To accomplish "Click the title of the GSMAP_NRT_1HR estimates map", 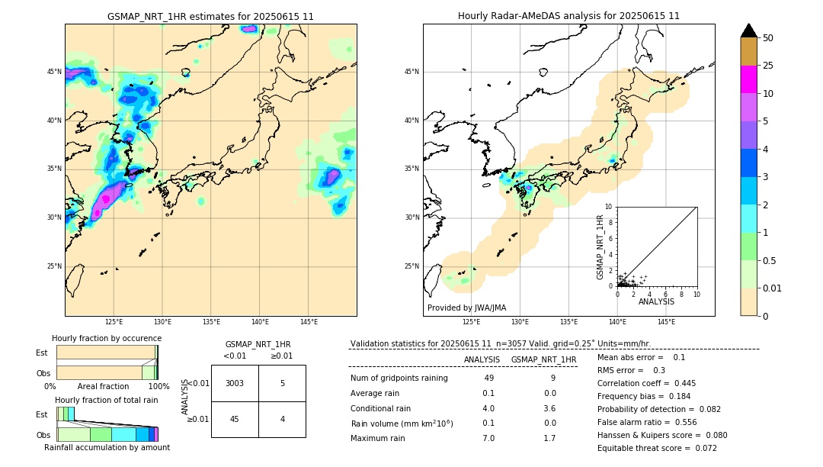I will point(210,16).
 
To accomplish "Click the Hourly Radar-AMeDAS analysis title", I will point(568,16).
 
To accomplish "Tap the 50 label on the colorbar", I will point(768,38).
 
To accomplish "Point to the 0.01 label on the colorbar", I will point(773,288).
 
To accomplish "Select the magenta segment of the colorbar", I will point(748,79).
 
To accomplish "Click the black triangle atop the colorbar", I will point(748,31).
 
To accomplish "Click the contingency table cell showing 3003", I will point(235,383).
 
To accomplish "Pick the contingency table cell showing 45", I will point(235,419).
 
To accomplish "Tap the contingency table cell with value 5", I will point(282,383).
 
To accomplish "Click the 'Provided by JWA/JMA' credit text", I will point(466,308).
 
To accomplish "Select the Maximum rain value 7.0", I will point(488,438).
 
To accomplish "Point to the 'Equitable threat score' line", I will point(657,448).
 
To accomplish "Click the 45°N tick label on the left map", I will point(54,72).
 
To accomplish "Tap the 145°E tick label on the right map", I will point(666,322).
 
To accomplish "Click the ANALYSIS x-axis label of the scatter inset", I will point(656,301).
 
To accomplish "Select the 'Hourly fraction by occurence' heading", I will point(107,338).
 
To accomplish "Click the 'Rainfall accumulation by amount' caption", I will point(107,447).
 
